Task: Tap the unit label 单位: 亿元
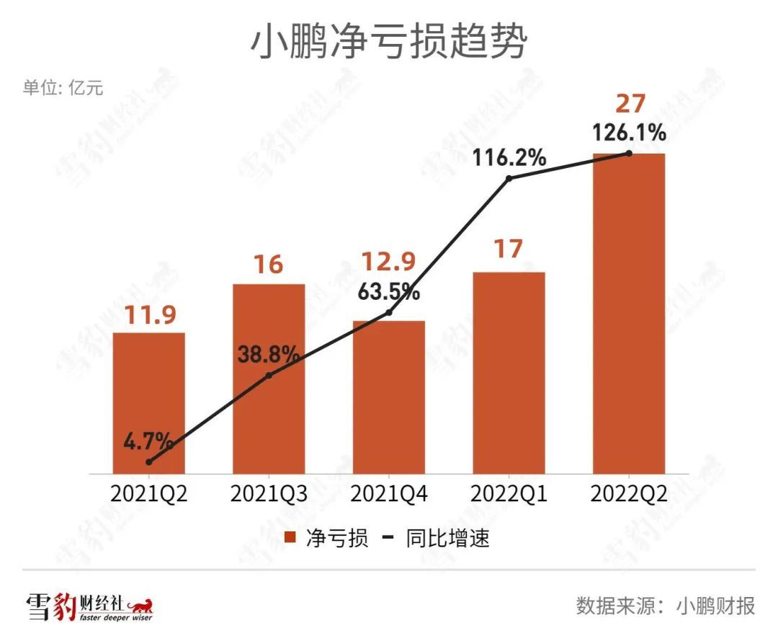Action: (x=63, y=88)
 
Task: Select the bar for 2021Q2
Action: (x=149, y=404)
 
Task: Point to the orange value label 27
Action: (x=630, y=104)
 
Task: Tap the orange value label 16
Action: (x=268, y=264)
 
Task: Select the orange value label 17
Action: (x=509, y=249)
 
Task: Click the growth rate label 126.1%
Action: (x=629, y=133)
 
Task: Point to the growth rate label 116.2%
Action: (x=509, y=157)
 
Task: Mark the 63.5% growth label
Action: (x=389, y=293)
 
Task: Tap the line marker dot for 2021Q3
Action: (x=269, y=376)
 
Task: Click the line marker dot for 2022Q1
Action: (x=509, y=178)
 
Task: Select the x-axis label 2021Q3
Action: (x=269, y=495)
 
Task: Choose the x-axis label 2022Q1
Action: (x=509, y=495)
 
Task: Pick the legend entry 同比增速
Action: (x=447, y=538)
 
